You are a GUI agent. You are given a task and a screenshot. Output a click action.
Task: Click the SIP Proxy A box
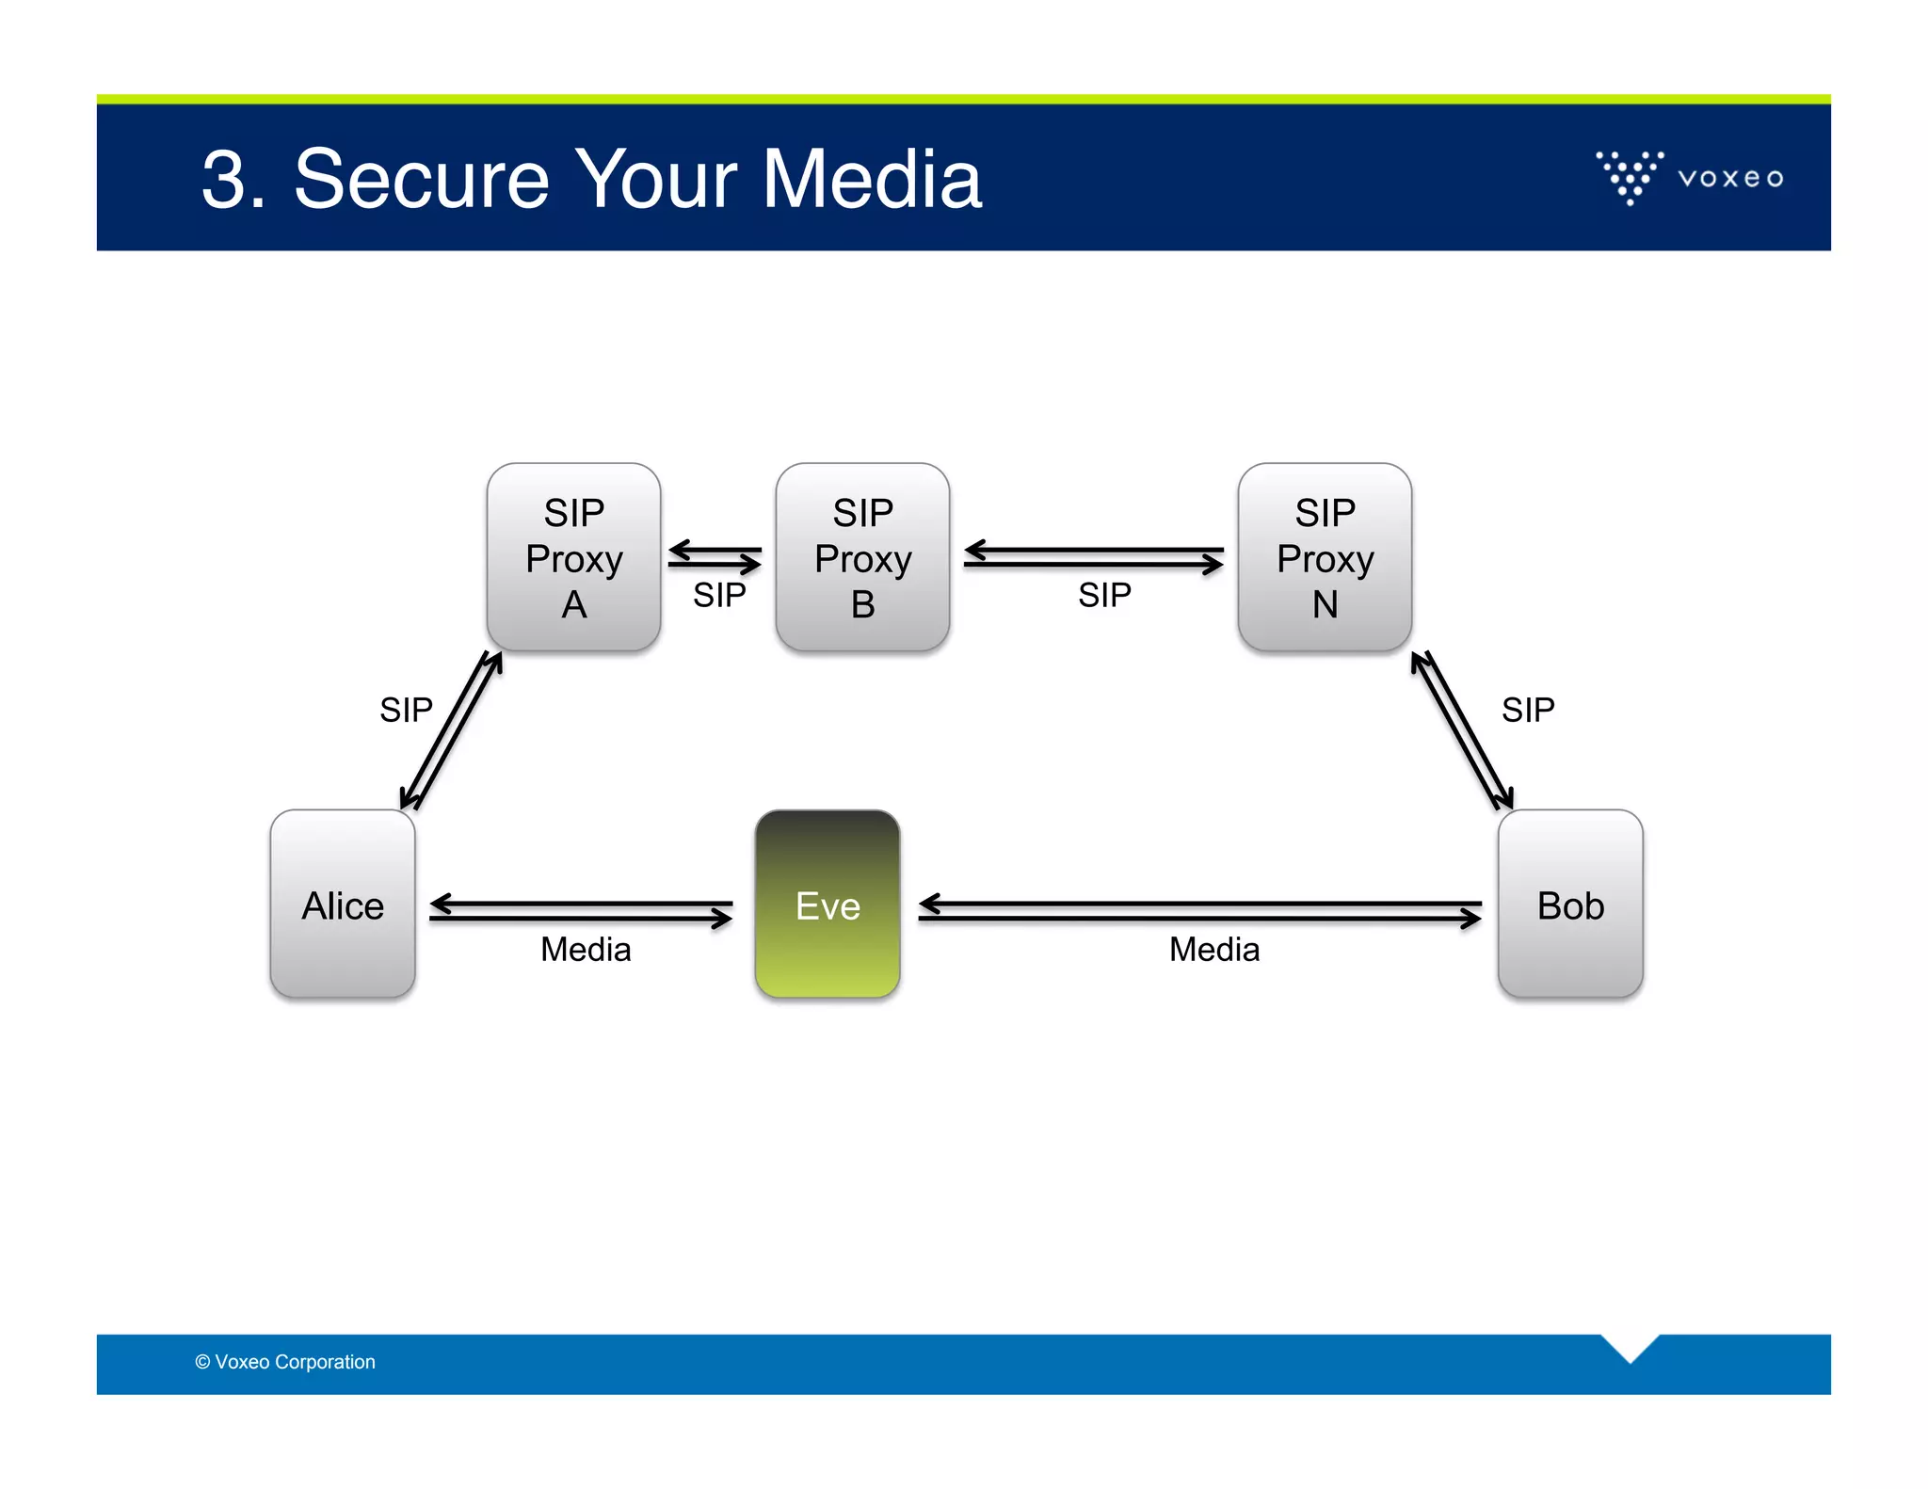point(573,557)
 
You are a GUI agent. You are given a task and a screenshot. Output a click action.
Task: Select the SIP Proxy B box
point(862,557)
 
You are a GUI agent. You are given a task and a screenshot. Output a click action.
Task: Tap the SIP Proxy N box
point(1325,557)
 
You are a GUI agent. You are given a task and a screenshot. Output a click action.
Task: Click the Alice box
point(343,905)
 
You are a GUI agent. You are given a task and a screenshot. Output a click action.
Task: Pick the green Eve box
point(827,905)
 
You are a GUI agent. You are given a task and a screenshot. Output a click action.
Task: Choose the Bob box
point(1570,905)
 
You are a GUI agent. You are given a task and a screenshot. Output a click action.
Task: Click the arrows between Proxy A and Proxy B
point(715,556)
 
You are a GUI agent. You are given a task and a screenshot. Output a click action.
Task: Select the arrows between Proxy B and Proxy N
point(1094,556)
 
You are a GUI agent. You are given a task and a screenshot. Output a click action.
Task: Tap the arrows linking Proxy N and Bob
point(1462,730)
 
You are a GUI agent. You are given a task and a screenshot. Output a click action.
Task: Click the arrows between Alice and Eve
point(581,910)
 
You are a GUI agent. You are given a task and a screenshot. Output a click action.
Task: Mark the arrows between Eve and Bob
point(1199,910)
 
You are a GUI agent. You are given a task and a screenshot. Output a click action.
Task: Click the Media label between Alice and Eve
point(586,949)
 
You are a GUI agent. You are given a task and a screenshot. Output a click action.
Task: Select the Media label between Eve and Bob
point(1214,949)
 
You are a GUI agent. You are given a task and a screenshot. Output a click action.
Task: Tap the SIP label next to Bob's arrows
point(1528,710)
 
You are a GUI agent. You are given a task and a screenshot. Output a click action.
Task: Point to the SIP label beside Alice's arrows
point(406,710)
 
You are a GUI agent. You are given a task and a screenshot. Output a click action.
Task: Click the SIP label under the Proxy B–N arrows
point(1104,595)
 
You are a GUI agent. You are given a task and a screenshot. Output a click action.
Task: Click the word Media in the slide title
point(872,179)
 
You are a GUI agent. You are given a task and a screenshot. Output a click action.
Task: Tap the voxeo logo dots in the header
point(1630,176)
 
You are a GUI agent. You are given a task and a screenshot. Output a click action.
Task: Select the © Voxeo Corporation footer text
point(285,1362)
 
